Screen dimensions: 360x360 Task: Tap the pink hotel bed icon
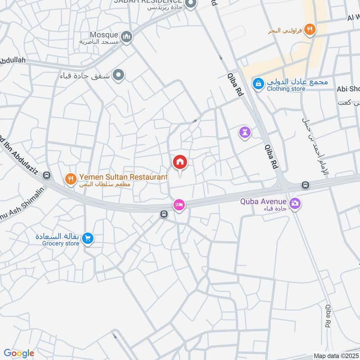(179, 205)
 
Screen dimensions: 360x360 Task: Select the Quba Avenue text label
(263, 201)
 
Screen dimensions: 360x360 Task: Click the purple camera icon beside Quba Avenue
(295, 203)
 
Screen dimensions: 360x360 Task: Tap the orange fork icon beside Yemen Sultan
(70, 180)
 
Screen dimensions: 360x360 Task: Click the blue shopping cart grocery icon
(88, 238)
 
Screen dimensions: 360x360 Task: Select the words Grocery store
(61, 243)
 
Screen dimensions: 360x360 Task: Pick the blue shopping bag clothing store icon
(258, 83)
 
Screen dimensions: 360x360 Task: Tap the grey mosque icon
(127, 36)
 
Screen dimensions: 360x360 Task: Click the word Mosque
(103, 35)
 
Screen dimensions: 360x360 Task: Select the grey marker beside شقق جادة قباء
(118, 75)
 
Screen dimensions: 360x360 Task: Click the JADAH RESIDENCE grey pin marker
(190, 4)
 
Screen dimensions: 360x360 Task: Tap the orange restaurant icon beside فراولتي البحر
(309, 30)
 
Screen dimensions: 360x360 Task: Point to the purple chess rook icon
(245, 132)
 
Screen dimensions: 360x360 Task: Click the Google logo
(18, 353)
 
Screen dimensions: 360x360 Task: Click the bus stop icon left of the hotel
(163, 215)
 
